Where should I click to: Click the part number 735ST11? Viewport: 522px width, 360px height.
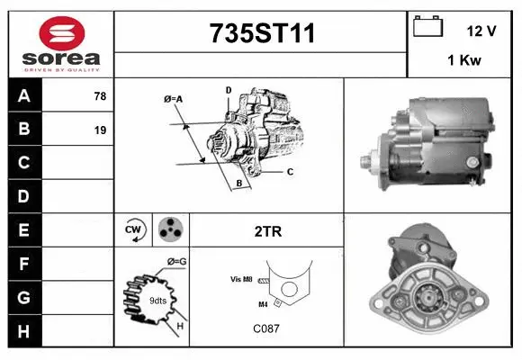click(x=262, y=33)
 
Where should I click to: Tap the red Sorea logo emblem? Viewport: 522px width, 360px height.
click(x=62, y=33)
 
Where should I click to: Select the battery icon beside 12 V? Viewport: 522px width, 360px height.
click(x=427, y=26)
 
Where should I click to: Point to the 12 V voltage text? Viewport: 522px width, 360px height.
click(x=481, y=31)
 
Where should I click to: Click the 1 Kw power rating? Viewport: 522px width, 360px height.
click(x=464, y=60)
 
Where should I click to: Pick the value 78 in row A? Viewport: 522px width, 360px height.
click(x=100, y=96)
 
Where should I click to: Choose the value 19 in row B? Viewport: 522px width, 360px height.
click(x=100, y=130)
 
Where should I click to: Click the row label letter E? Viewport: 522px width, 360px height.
click(x=23, y=230)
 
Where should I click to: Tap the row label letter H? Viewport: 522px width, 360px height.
click(x=23, y=331)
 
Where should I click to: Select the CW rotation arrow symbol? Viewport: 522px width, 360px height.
click(x=133, y=229)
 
